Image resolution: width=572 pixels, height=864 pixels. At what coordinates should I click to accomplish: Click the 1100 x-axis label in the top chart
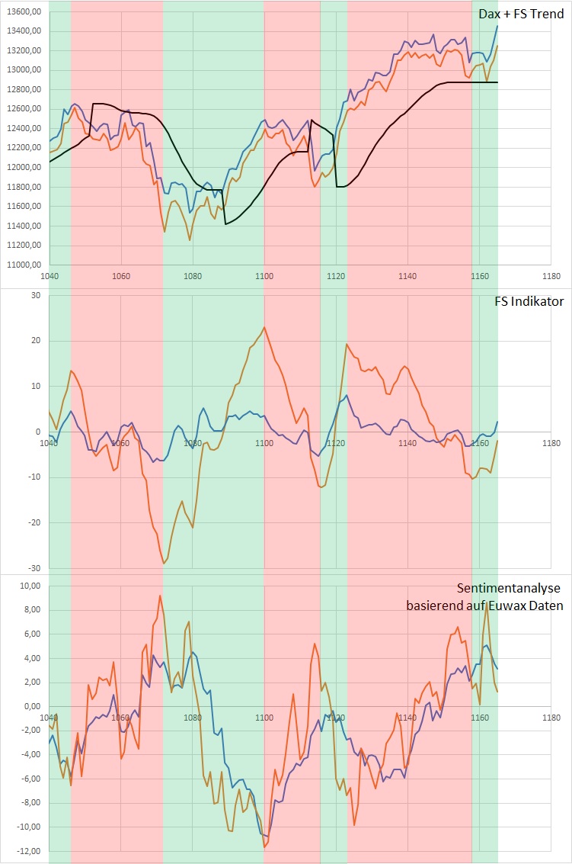pos(264,276)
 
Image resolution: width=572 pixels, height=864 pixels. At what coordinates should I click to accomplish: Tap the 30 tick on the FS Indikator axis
pos(34,295)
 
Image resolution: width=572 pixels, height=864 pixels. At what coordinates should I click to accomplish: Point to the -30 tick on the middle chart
pos(33,568)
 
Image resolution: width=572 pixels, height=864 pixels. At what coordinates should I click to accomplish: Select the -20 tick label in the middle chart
pos(33,523)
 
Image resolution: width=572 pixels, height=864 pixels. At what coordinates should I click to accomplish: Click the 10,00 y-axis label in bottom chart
pos(27,586)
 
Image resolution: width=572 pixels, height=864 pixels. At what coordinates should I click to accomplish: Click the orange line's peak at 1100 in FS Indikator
pos(264,327)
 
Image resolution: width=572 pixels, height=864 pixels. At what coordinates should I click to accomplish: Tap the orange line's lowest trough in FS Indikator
pos(163,564)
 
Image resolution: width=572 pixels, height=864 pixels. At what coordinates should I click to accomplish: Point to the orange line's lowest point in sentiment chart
pos(265,847)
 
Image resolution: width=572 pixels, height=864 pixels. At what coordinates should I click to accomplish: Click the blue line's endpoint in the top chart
pos(497,26)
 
